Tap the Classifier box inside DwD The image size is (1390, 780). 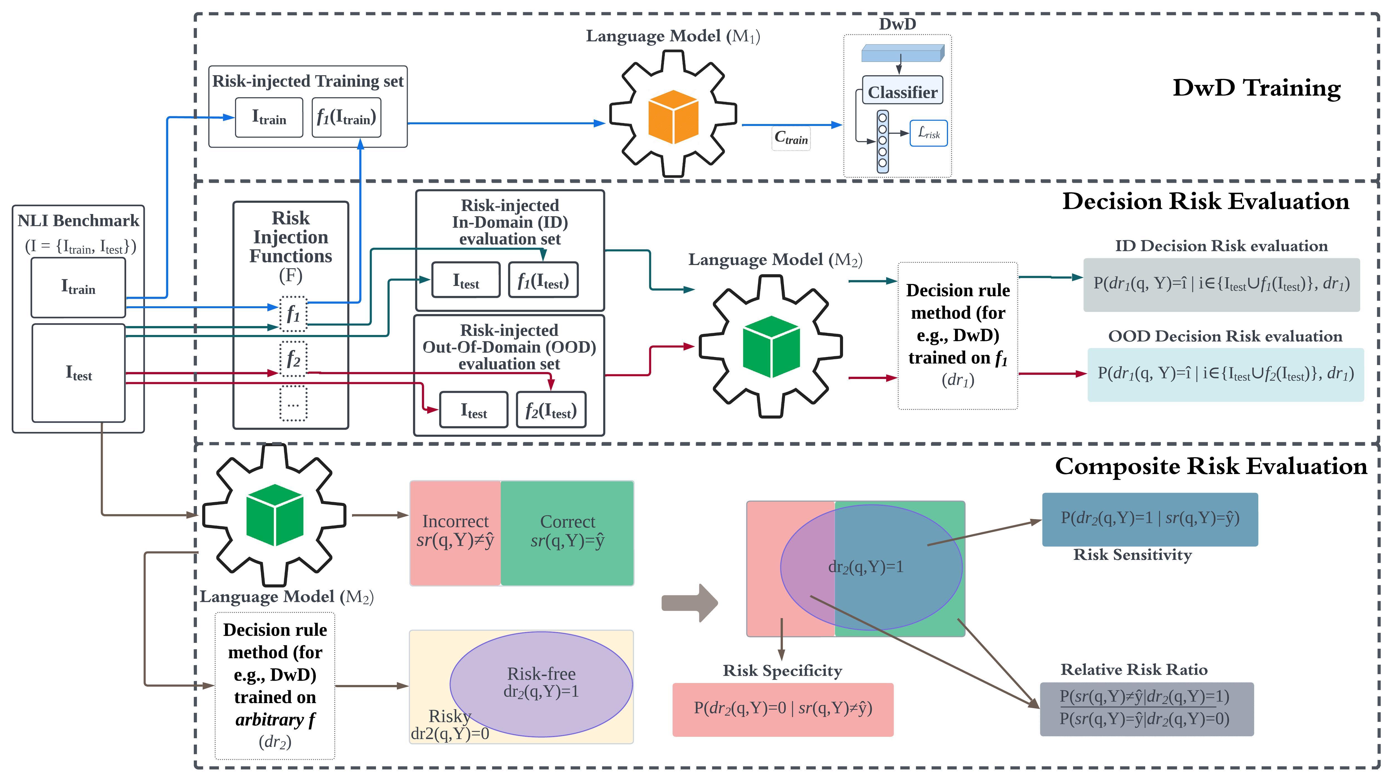click(902, 92)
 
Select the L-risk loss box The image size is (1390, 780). click(929, 133)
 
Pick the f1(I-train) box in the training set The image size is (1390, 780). click(346, 117)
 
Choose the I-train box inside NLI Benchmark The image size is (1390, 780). click(78, 287)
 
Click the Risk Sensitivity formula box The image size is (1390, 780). click(1149, 519)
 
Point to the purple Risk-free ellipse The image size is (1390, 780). click(541, 683)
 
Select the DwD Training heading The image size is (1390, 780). click(1256, 88)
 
